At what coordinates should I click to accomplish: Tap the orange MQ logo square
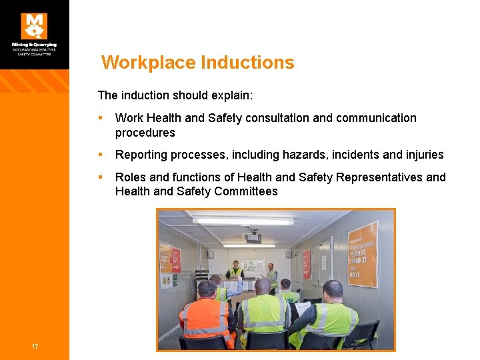coord(34,26)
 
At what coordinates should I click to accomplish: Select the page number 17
coord(34,345)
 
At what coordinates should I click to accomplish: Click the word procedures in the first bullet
coord(145,133)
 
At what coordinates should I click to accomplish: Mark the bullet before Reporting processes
coord(100,155)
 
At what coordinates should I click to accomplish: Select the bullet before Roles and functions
coord(100,177)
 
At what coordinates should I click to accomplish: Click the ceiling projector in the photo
coord(253,237)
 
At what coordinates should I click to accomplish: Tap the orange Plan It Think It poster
coord(363,253)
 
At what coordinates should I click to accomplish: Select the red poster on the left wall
coord(175,259)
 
